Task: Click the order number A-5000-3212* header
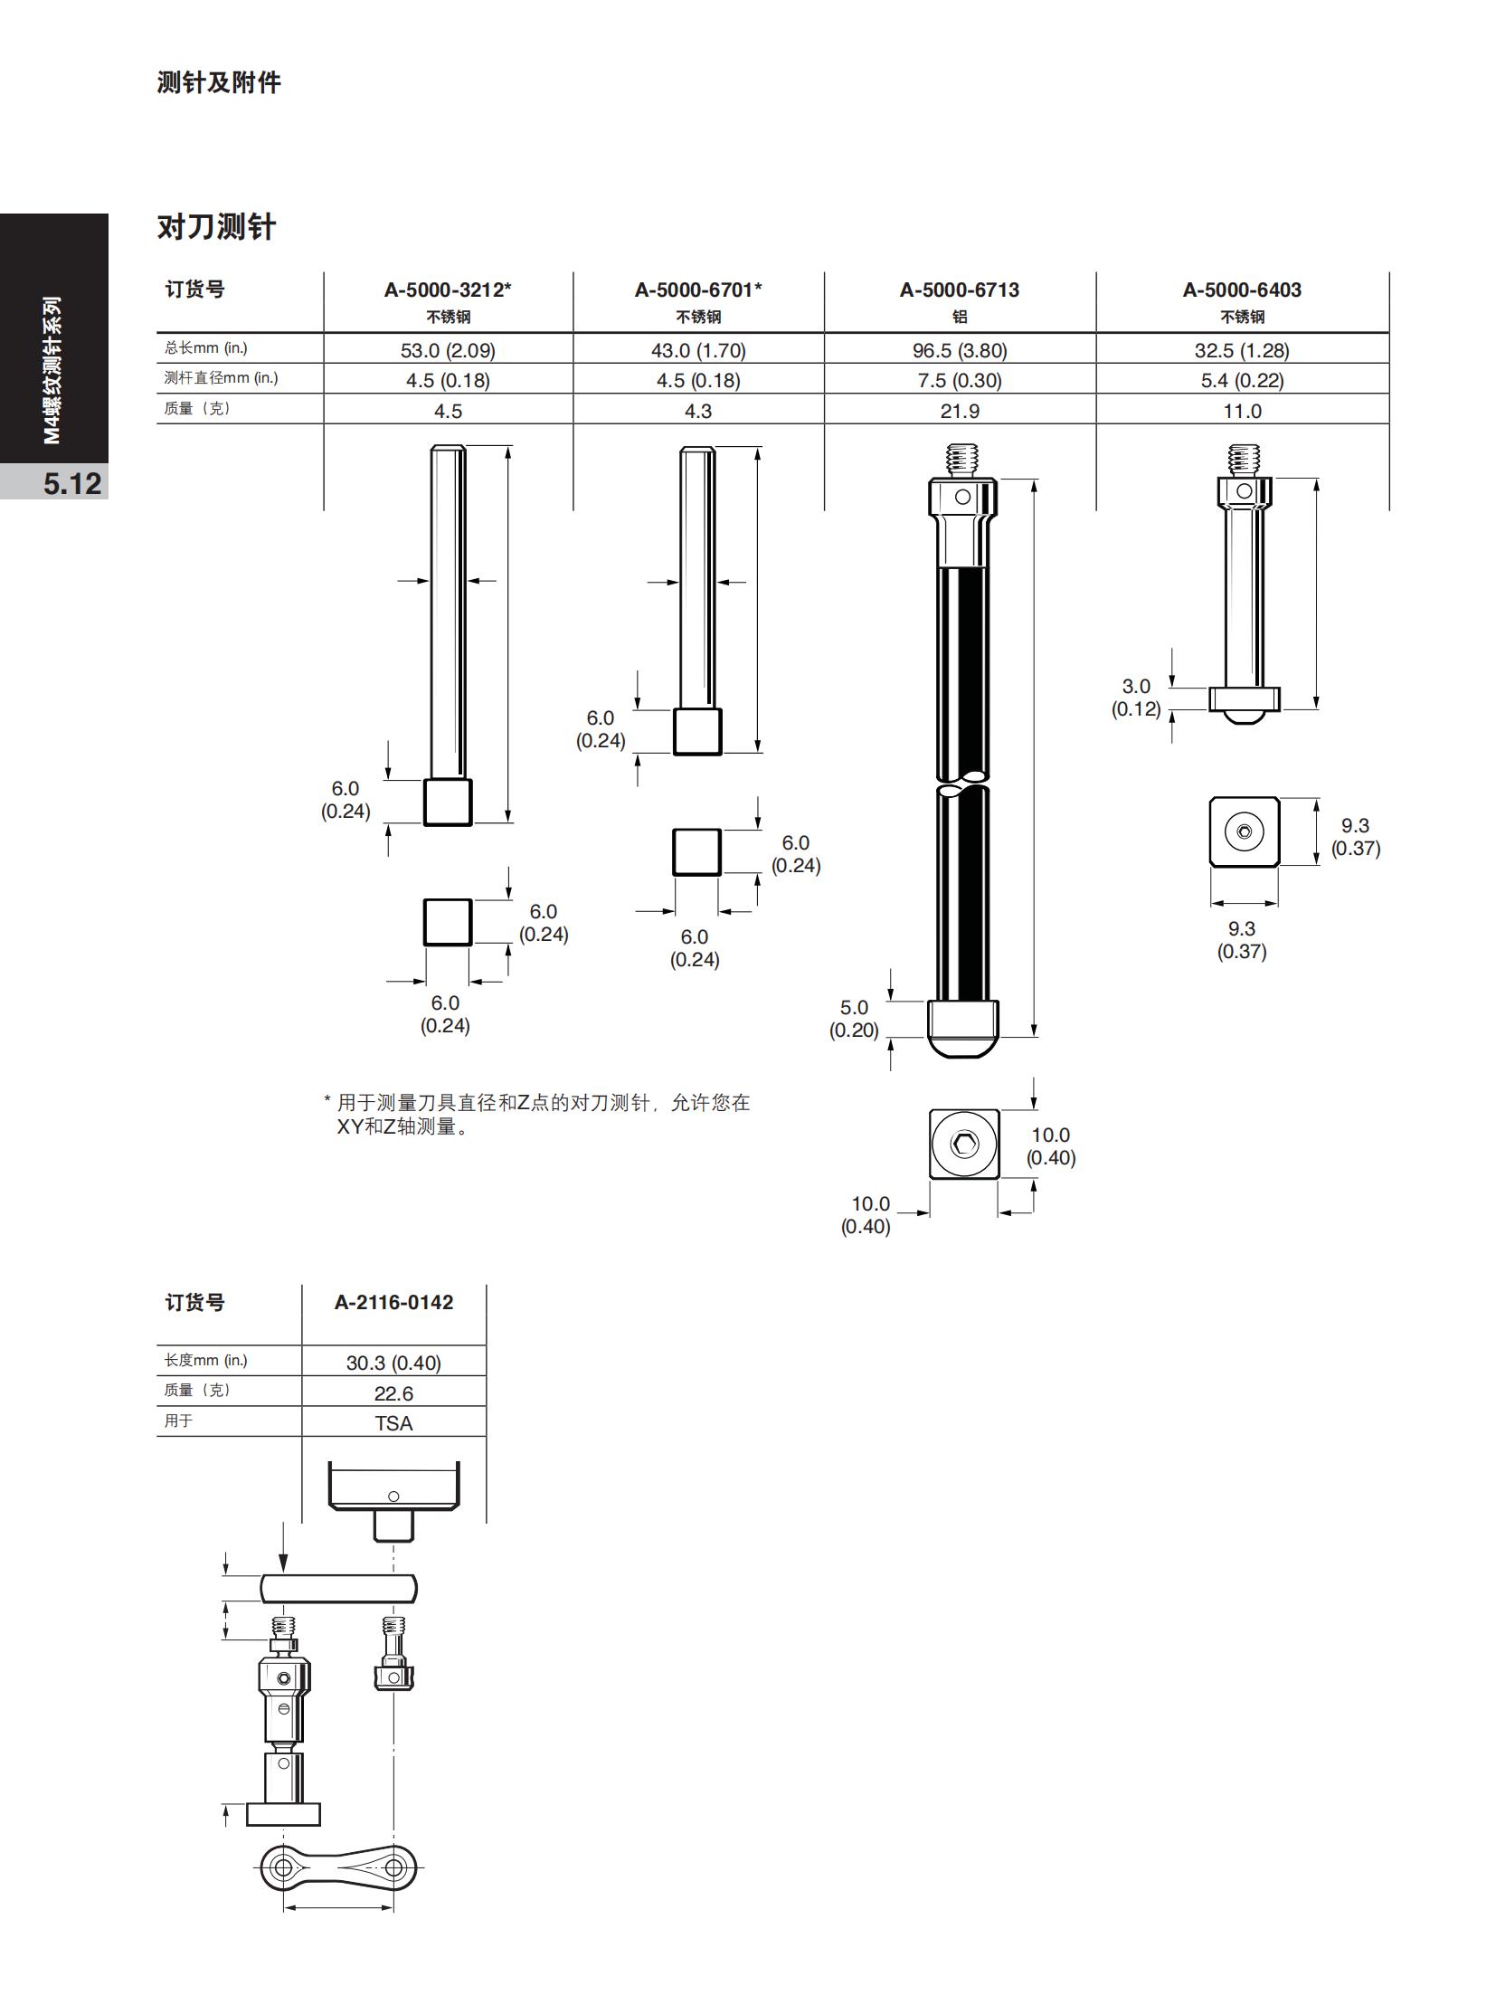click(x=448, y=290)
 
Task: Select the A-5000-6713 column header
click(x=959, y=290)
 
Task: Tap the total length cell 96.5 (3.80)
click(x=960, y=350)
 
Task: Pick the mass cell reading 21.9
click(x=960, y=412)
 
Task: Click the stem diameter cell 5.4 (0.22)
click(x=1242, y=381)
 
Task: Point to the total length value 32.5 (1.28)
click(x=1242, y=350)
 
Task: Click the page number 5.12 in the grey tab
click(x=72, y=483)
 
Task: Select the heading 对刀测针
click(x=216, y=226)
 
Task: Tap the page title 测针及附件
click(x=219, y=82)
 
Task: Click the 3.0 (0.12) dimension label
click(x=1136, y=698)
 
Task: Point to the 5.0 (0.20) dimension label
click(x=854, y=1019)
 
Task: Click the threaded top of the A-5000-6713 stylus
click(x=962, y=461)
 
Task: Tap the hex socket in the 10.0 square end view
click(x=964, y=1145)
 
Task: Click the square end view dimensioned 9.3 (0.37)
click(x=1245, y=831)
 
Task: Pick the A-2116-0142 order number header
click(x=393, y=1303)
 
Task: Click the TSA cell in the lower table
click(x=393, y=1423)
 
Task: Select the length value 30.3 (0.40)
click(x=393, y=1363)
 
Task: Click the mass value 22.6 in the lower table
click(x=393, y=1393)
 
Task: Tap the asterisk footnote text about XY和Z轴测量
click(x=537, y=1115)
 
